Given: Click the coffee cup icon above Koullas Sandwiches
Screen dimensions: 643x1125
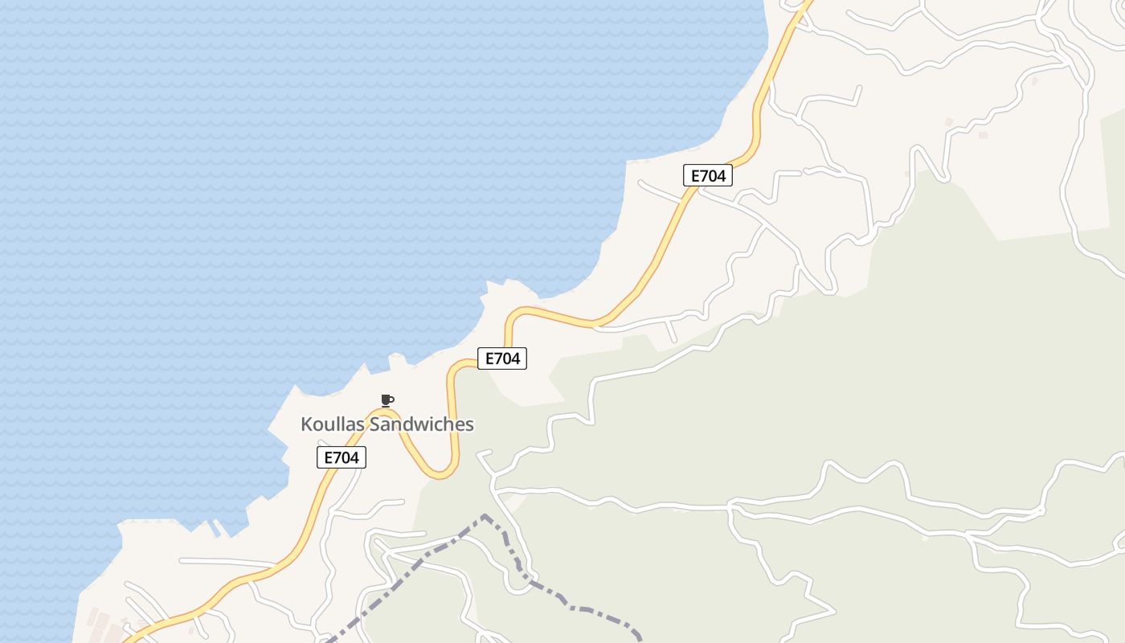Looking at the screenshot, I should point(387,399).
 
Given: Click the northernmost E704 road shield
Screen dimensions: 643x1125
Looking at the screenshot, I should point(707,175).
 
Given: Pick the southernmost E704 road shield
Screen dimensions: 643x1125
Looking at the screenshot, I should point(341,458).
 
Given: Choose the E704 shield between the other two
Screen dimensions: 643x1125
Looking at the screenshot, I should point(502,358).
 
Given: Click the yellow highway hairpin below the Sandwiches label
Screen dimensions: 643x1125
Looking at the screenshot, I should point(441,473).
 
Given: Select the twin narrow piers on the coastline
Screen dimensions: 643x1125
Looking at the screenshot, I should point(215,527).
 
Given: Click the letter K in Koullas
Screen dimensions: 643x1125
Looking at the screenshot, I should point(306,424).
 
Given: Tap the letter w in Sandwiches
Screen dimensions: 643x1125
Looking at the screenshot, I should point(421,425).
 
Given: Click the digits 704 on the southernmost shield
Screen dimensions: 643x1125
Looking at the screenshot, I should point(346,458).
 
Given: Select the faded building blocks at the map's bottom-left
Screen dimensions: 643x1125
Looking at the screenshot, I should point(100,623).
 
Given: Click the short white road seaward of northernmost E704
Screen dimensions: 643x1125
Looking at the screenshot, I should point(659,191).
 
